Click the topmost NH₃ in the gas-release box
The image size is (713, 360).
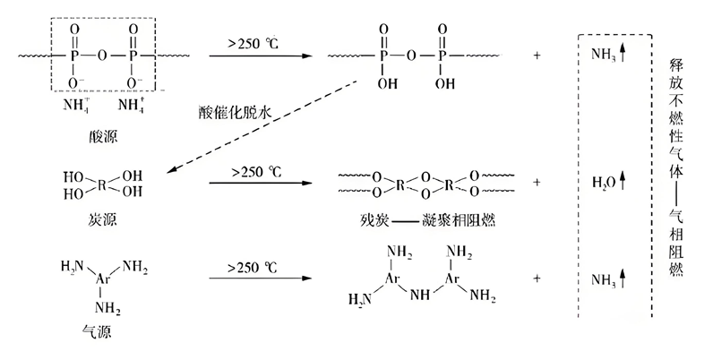603,56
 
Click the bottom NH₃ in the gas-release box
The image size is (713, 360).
603,280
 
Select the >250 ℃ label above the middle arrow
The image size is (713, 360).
254,169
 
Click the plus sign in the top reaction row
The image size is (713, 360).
537,56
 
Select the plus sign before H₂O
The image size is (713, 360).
537,182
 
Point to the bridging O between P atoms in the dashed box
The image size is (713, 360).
103,56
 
